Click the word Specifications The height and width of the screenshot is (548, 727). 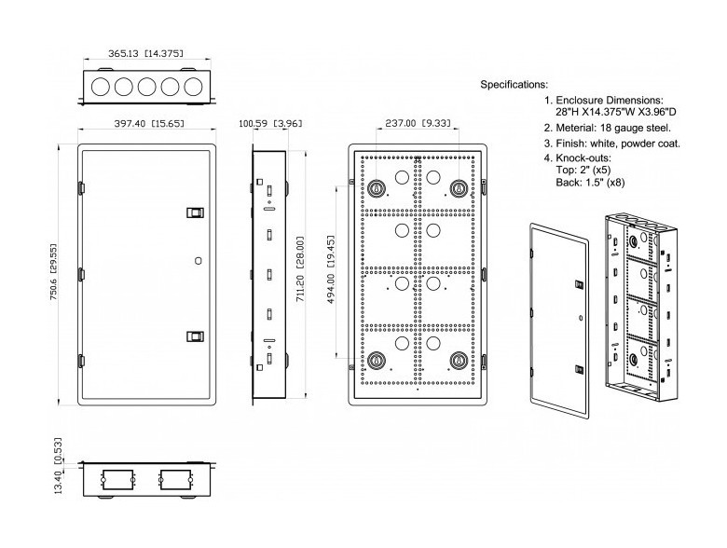[514, 85]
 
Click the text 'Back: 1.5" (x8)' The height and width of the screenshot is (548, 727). [590, 183]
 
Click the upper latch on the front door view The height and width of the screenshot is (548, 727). [194, 213]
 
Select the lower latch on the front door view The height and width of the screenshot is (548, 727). [194, 336]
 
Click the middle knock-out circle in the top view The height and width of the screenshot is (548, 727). [145, 88]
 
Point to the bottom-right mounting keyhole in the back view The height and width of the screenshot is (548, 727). [458, 361]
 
